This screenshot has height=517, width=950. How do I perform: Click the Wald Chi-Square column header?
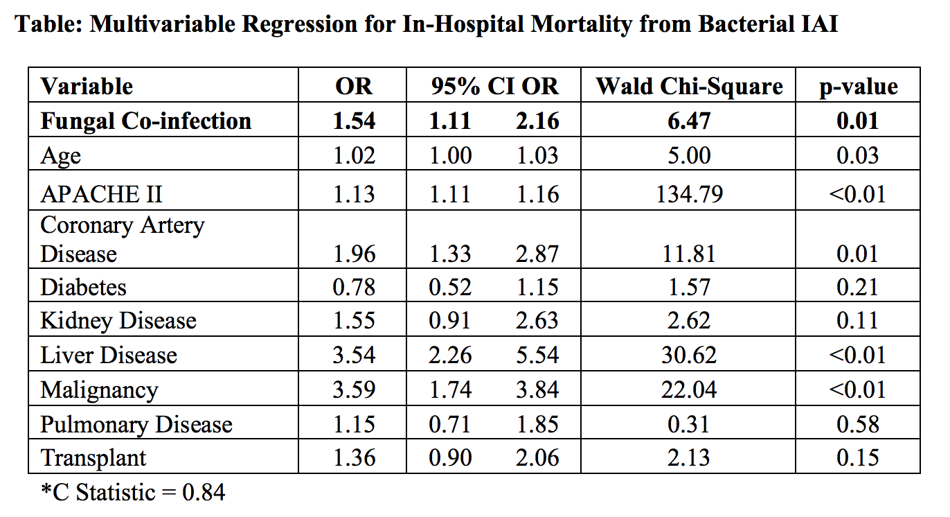pyautogui.click(x=689, y=86)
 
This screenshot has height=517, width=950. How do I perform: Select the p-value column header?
pyautogui.click(x=857, y=86)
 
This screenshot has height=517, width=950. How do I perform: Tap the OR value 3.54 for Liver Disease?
pyautogui.click(x=354, y=355)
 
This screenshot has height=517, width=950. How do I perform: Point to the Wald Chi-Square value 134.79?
pyautogui.click(x=689, y=193)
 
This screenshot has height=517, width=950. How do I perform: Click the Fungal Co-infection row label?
pyautogui.click(x=145, y=121)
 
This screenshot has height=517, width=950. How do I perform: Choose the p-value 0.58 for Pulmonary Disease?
pyautogui.click(x=857, y=424)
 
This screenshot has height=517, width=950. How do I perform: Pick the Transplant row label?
pyautogui.click(x=93, y=458)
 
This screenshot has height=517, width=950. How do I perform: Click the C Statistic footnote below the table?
pyautogui.click(x=133, y=493)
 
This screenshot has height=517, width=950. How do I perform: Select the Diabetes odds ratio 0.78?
pyautogui.click(x=354, y=287)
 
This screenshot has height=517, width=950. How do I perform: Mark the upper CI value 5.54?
pyautogui.click(x=537, y=355)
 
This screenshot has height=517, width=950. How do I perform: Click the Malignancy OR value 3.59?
pyautogui.click(x=354, y=389)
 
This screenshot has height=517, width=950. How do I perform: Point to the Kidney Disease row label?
pyautogui.click(x=118, y=321)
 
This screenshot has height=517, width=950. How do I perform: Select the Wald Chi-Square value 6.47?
pyautogui.click(x=689, y=121)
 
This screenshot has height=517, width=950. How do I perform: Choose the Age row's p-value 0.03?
pyautogui.click(x=857, y=155)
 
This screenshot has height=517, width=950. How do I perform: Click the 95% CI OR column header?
pyautogui.click(x=494, y=86)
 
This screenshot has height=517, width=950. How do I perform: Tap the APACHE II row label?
pyautogui.click(x=101, y=193)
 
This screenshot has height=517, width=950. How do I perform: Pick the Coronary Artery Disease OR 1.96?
pyautogui.click(x=354, y=254)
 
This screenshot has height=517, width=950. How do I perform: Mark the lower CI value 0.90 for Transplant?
pyautogui.click(x=451, y=458)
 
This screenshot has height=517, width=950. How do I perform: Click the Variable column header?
pyautogui.click(x=87, y=86)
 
